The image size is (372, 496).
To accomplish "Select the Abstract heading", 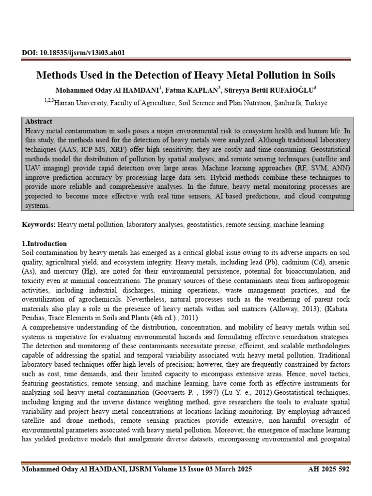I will [x=38, y=122].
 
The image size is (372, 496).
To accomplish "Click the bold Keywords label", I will [x=39, y=225].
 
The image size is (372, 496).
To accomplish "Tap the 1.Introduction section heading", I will [x=45, y=244].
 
